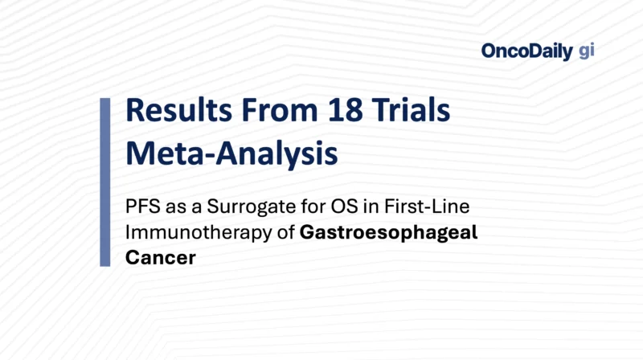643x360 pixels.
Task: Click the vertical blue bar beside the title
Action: point(104,182)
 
